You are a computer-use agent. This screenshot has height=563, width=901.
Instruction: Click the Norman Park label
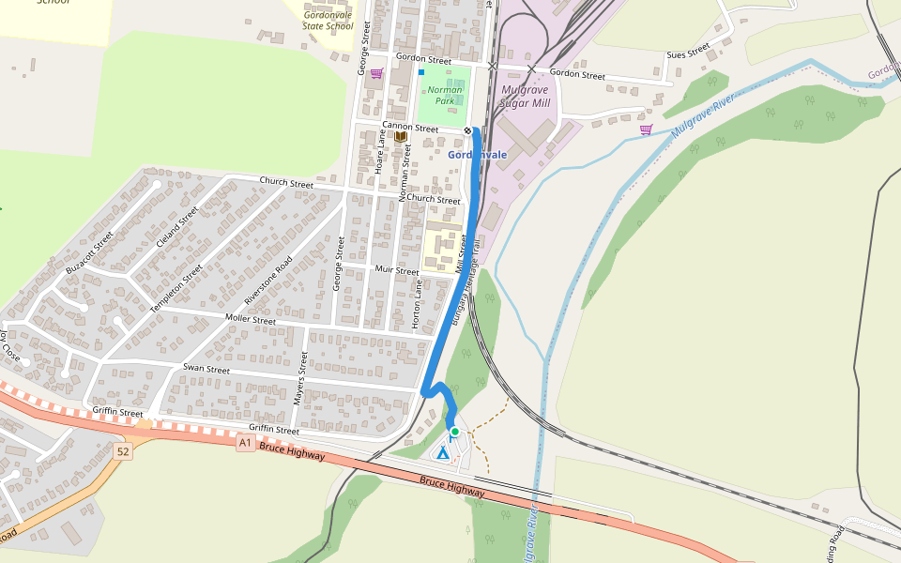point(445,95)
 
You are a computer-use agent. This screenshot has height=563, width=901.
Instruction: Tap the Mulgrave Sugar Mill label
point(525,97)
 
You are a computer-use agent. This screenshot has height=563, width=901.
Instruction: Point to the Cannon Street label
point(410,128)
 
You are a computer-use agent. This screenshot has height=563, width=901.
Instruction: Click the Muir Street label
point(396,270)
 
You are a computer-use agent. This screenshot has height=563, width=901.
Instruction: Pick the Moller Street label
point(251,320)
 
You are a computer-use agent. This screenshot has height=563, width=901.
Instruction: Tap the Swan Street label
point(206,370)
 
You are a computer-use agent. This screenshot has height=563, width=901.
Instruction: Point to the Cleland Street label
point(179,228)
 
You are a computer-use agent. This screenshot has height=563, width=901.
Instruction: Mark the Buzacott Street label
point(90,252)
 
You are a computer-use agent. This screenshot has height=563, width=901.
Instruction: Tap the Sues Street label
point(688,53)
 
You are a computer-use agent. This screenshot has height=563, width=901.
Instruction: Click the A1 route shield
point(246,442)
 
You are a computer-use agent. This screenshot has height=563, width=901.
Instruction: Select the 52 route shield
point(123,452)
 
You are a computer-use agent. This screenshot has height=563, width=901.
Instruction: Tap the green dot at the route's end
point(455,432)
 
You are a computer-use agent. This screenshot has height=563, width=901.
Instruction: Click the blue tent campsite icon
point(442,452)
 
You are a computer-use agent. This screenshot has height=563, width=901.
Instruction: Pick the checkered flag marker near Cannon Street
point(467,130)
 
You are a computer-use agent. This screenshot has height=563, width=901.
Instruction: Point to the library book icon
point(400,137)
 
